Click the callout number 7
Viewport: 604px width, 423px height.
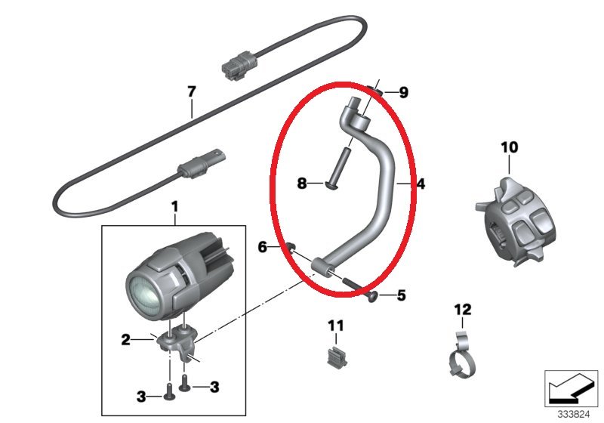click(192, 92)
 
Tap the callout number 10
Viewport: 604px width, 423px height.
click(510, 147)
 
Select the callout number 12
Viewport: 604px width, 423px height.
click(463, 310)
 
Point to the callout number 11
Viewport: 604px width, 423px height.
click(335, 326)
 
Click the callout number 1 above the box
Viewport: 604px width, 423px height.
click(175, 207)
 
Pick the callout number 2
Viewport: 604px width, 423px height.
click(126, 340)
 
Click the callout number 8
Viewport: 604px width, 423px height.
click(302, 183)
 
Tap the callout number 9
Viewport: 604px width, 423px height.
click(403, 92)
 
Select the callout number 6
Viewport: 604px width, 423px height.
click(262, 247)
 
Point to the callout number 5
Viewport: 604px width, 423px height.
click(402, 295)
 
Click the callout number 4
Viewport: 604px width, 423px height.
click(421, 184)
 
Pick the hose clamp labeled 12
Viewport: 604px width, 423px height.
click(463, 354)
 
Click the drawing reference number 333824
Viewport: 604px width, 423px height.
click(574, 414)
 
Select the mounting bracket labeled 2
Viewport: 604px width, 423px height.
click(178, 341)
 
